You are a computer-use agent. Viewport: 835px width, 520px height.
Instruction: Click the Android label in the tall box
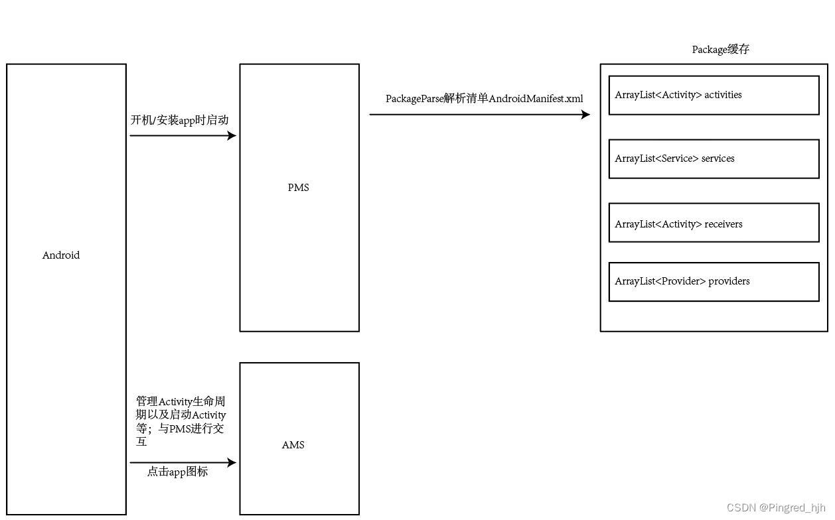61,255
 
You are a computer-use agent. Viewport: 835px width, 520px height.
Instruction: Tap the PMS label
299,188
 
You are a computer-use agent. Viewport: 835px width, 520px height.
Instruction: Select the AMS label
293,445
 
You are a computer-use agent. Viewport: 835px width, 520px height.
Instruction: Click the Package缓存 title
720,50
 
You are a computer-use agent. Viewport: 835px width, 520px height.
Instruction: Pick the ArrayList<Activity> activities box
714,96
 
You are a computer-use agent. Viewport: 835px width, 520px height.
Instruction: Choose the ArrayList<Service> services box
714,159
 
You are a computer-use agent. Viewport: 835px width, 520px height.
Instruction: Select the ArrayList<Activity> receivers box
714,223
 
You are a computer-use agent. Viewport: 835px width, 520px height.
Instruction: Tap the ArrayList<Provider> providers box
714,282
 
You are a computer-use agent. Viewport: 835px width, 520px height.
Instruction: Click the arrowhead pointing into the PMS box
232,136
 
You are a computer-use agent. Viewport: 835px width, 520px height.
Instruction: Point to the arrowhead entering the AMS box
232,463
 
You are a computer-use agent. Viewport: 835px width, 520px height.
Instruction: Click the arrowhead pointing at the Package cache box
585,115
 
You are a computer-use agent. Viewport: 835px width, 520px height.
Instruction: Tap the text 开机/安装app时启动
179,120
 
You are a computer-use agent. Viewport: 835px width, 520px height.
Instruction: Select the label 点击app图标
177,472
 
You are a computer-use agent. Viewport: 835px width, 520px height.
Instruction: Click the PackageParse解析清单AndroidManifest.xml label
485,99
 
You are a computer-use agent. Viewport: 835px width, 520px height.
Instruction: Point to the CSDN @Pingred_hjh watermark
776,508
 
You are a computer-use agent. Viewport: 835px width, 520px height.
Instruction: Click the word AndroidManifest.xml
536,99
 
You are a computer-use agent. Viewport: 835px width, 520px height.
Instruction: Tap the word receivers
723,224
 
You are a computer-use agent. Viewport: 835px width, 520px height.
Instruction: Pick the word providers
729,281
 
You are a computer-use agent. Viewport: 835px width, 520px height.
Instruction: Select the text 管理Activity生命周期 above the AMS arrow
181,402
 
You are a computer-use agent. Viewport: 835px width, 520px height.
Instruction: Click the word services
718,159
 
